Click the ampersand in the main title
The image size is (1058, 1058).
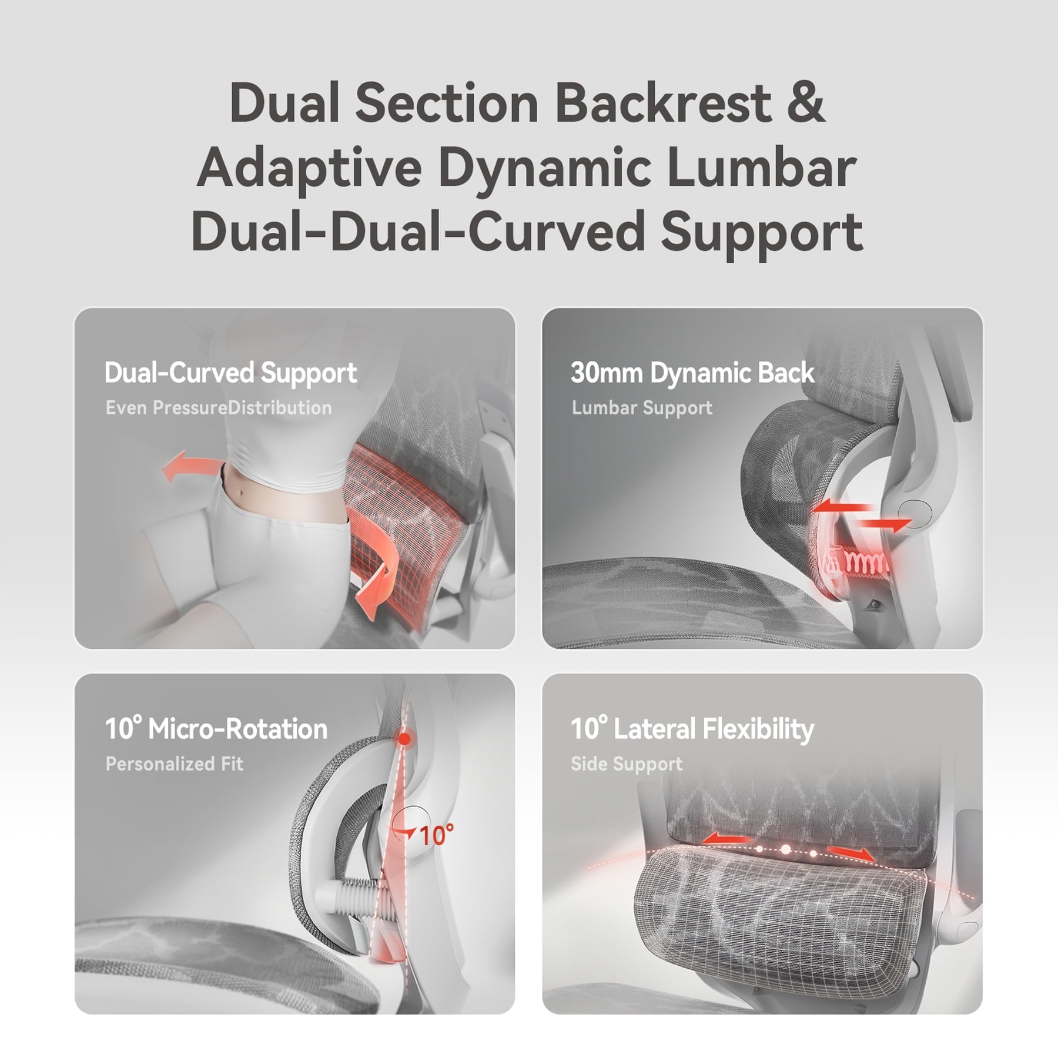tap(806, 103)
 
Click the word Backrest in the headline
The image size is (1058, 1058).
tap(663, 103)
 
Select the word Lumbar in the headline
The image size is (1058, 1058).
tap(761, 168)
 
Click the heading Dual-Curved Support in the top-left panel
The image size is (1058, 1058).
tap(230, 373)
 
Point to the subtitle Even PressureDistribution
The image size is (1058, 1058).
tap(219, 408)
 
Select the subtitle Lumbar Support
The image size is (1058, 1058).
tap(642, 408)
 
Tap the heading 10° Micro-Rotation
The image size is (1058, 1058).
tap(216, 729)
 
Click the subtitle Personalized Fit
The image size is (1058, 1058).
tap(174, 764)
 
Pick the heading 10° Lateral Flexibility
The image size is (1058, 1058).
tap(692, 729)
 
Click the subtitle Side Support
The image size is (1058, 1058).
tap(627, 764)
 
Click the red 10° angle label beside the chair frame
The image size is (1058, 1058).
tap(437, 835)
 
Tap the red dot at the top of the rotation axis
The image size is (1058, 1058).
tap(404, 739)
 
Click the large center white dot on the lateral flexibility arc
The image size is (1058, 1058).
tap(785, 849)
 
